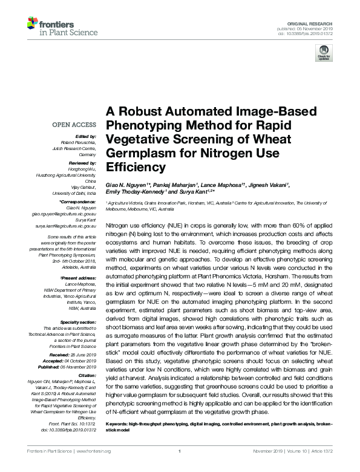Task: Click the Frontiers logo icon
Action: tap(33, 24)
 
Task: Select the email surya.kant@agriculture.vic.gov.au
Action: tap(64, 225)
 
